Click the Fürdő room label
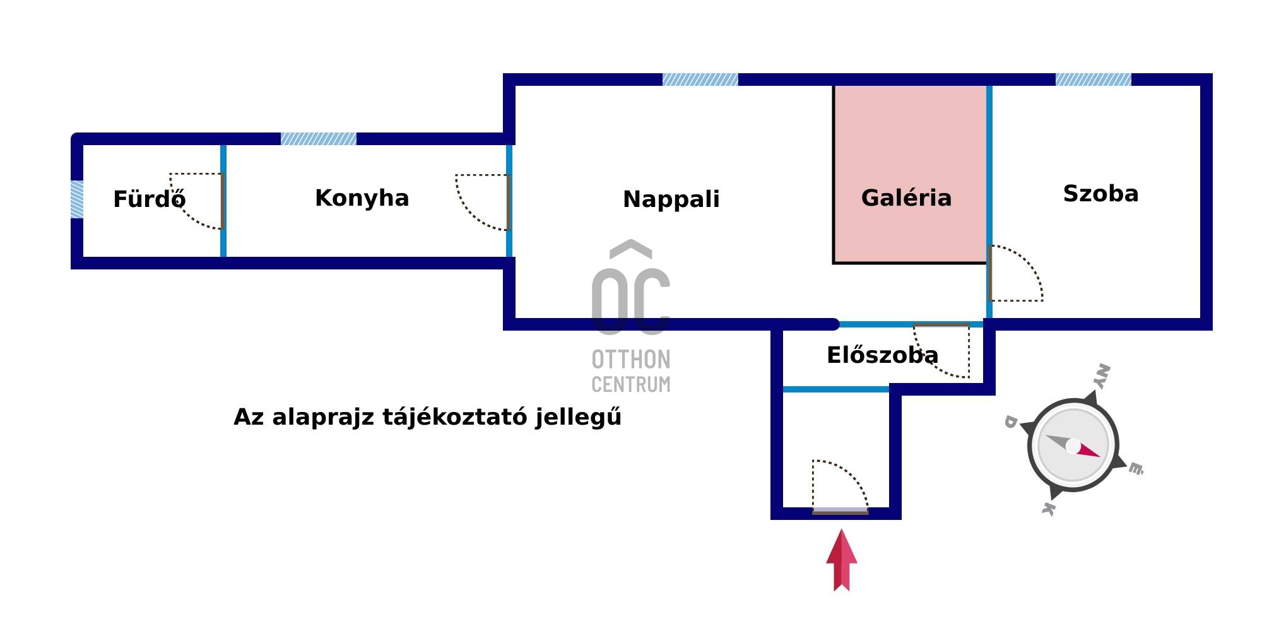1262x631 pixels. click(150, 199)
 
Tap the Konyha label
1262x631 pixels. click(362, 198)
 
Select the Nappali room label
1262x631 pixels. click(671, 199)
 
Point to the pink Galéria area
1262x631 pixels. click(910, 174)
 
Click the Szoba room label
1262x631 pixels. click(1101, 193)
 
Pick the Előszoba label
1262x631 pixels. click(883, 355)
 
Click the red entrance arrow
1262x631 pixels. click(842, 560)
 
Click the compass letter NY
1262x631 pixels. click(1101, 377)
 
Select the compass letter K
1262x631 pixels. click(1048, 509)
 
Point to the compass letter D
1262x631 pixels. click(1010, 422)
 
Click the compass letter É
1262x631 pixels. click(1136, 468)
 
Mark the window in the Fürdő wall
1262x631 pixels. click(77, 199)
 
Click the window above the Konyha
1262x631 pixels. click(319, 139)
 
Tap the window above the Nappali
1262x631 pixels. click(700, 80)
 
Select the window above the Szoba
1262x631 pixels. click(1094, 80)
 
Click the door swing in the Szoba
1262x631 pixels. click(1015, 273)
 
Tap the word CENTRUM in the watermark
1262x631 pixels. click(631, 384)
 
